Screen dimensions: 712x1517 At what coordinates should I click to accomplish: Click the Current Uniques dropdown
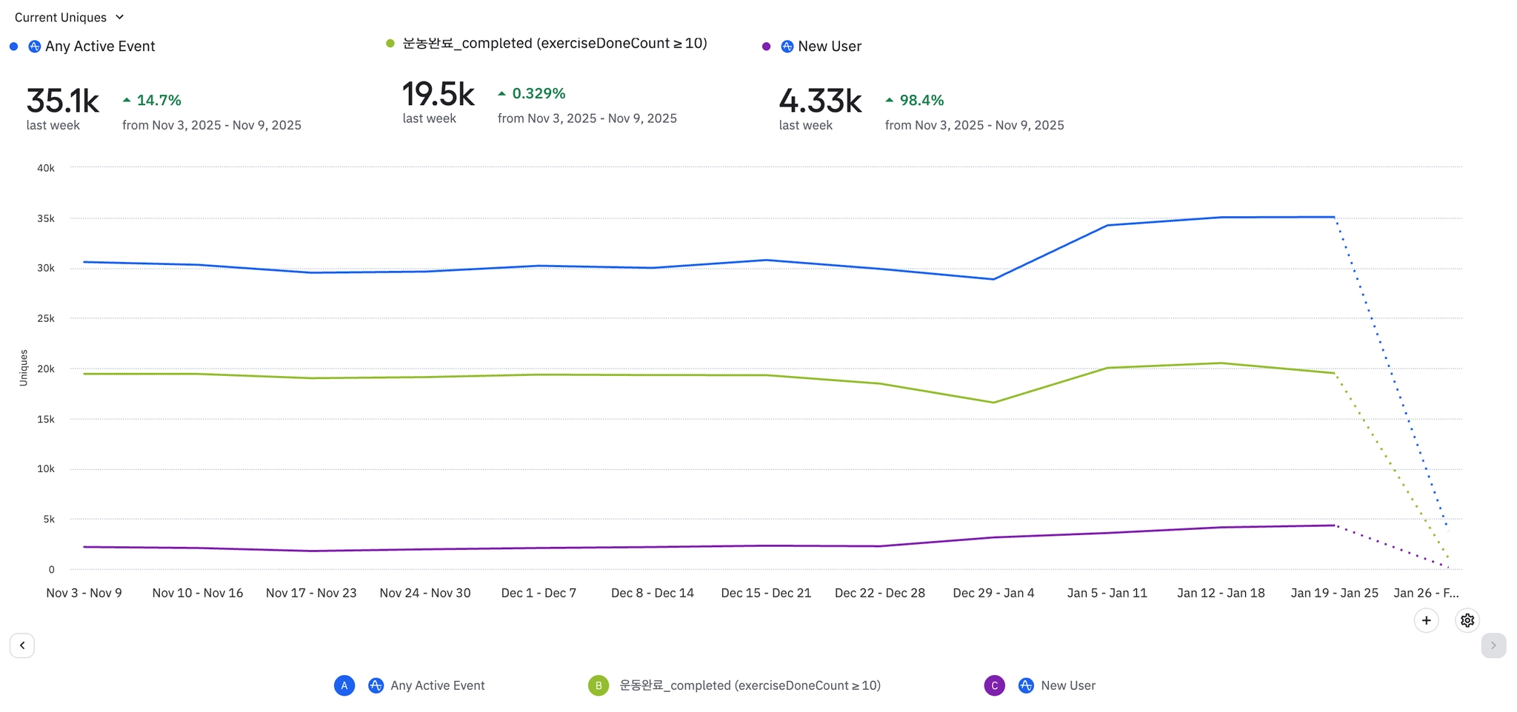click(69, 17)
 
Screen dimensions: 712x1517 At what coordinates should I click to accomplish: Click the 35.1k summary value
click(62, 101)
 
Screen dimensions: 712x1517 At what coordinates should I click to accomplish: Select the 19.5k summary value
click(438, 95)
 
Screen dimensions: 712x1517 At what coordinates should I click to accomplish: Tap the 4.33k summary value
click(820, 101)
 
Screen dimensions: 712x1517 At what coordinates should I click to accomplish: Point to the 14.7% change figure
click(159, 100)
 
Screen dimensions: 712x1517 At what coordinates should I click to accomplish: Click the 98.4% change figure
click(921, 100)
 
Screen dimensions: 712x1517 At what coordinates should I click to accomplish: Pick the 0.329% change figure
click(539, 93)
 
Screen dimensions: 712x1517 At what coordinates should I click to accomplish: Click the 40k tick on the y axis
click(46, 168)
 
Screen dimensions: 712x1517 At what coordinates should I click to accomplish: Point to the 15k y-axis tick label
click(46, 419)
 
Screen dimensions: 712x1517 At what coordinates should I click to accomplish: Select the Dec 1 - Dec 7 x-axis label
click(539, 593)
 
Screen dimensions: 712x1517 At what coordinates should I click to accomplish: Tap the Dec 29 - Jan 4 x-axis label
click(993, 593)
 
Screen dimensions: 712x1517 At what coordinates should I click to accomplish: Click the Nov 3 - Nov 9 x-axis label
click(84, 593)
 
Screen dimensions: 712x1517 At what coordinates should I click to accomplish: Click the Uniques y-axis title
click(24, 368)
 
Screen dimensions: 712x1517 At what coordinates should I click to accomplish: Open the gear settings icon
click(1467, 620)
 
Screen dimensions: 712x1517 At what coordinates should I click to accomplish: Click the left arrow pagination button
click(22, 645)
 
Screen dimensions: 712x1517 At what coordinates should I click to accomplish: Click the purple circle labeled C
click(994, 685)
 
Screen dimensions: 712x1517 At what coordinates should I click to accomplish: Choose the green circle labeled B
click(599, 685)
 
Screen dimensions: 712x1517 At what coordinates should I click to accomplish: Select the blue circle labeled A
click(344, 685)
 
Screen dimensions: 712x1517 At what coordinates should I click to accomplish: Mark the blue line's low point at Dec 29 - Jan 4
click(993, 279)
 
